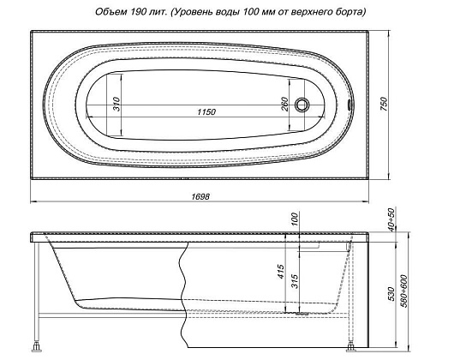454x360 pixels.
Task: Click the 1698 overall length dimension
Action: coord(201,195)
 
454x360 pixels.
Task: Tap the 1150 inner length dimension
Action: coord(202,112)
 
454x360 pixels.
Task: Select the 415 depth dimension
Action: coord(279,273)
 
